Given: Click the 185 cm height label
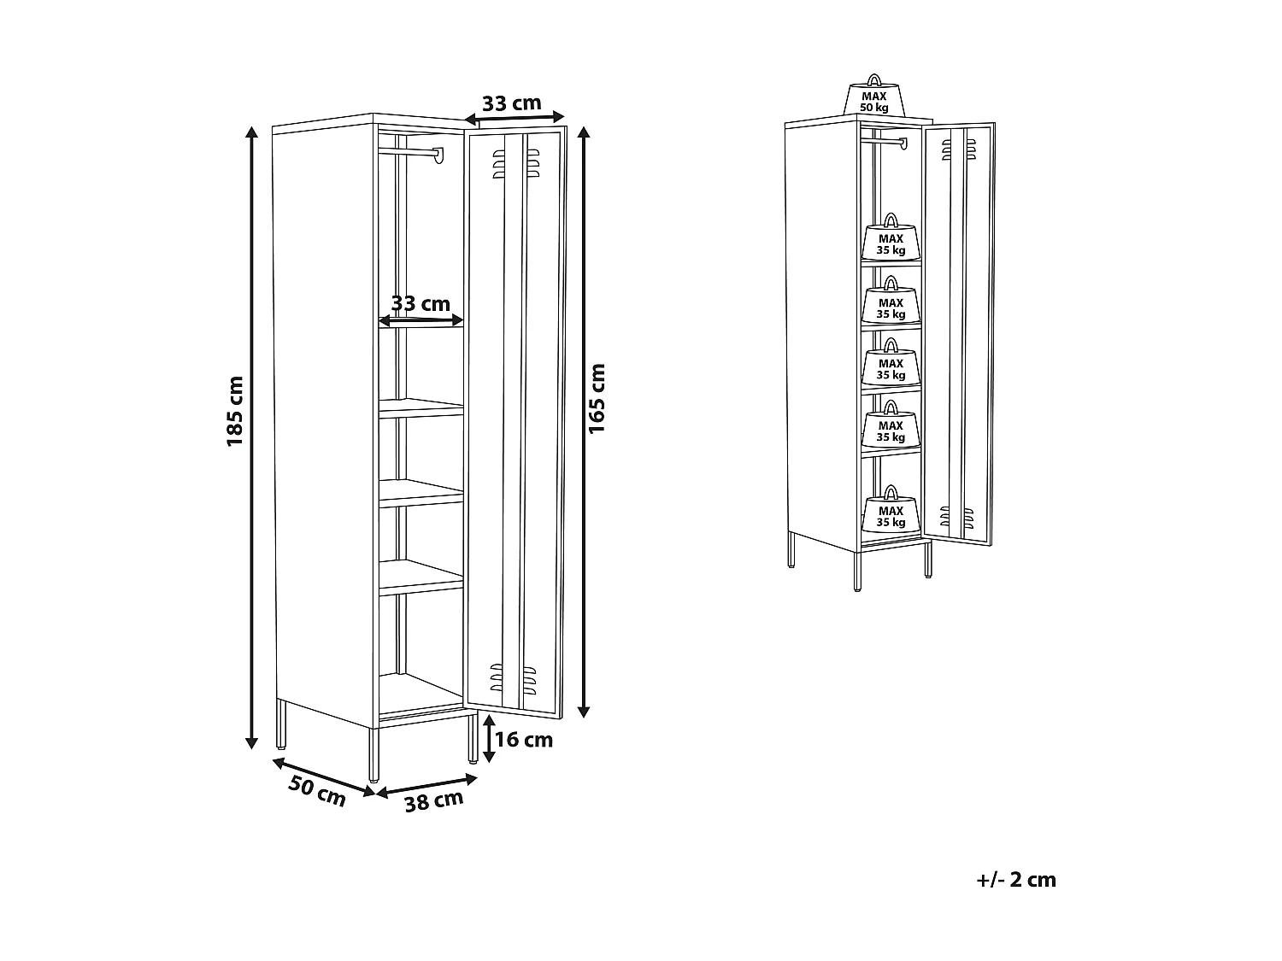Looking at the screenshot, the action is [235, 412].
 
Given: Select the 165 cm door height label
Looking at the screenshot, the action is [597, 399].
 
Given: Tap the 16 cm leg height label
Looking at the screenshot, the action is [524, 740].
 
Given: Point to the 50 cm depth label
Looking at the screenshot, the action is [316, 791].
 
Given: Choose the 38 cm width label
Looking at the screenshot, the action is [434, 801].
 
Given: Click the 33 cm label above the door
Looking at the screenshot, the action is [512, 103].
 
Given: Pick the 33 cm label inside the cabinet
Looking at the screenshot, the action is [420, 303].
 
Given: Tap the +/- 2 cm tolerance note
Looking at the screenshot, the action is [1016, 880].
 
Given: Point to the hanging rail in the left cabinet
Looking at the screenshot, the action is [411, 154].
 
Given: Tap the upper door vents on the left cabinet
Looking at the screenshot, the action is [515, 163].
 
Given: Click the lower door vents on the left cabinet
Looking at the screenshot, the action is [513, 678].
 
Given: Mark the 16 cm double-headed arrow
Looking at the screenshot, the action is [490, 738].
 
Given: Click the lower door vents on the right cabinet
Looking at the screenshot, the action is [956, 518].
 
